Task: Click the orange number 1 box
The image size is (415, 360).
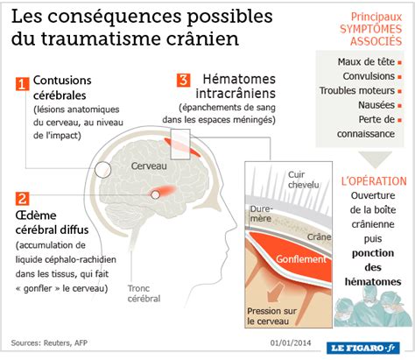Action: tap(22, 84)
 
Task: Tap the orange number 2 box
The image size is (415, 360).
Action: tap(22, 199)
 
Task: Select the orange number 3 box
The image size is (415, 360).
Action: tap(184, 80)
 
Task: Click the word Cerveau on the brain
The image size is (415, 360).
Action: tap(149, 166)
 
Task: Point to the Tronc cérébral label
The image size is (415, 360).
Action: tap(144, 293)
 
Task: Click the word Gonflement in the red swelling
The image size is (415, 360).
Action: tap(301, 259)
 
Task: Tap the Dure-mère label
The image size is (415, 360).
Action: tap(261, 214)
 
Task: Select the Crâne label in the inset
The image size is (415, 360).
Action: tap(319, 236)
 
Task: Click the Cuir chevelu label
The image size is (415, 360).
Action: tap(304, 180)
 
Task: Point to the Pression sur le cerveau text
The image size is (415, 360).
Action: tap(271, 316)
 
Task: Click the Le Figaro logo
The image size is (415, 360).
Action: tap(363, 348)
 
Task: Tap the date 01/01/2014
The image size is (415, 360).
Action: tap(291, 342)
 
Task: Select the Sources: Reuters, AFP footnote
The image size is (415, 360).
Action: tap(49, 342)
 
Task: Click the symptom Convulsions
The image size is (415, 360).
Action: tap(369, 76)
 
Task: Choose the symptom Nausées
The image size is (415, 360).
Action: tap(376, 105)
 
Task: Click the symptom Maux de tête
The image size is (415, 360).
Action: tap(366, 62)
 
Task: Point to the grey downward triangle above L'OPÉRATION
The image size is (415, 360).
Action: tap(375, 159)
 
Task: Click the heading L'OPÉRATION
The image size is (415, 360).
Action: tap(374, 181)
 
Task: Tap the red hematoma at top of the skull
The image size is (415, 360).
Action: tap(182, 147)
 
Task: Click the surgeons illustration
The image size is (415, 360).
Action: tap(372, 307)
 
